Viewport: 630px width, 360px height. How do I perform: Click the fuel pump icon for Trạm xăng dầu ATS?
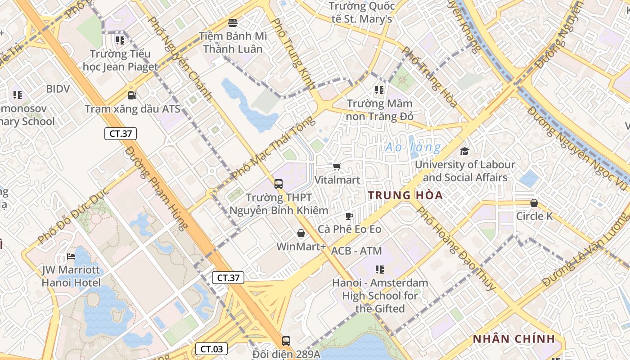pos(132,95)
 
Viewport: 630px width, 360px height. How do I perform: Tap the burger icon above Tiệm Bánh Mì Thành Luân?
pos(233,22)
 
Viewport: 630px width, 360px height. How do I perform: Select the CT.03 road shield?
pos(211,348)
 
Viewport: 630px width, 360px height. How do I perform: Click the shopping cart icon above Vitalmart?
pos(337,166)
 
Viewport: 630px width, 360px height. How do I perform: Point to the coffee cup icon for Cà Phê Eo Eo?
pos(349,216)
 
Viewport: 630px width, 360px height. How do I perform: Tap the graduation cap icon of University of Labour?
pos(464,151)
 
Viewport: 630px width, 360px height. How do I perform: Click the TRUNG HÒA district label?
pos(405,195)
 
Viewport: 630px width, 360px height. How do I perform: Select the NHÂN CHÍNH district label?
pos(513,339)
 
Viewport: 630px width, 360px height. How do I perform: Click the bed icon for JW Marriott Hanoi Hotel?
pos(71,256)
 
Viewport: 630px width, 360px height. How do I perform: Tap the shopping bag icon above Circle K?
pos(534,203)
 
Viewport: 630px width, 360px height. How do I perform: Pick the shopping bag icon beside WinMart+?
pos(301,233)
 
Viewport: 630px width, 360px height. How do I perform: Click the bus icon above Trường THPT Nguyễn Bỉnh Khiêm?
pos(279,184)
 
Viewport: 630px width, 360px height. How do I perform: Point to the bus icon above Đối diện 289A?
pos(286,341)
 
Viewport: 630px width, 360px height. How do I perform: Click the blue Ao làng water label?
pos(413,147)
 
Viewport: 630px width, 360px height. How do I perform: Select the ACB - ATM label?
pos(356,251)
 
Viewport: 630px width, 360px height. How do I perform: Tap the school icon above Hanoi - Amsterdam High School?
pos(380,269)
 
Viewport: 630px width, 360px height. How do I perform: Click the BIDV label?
pos(58,89)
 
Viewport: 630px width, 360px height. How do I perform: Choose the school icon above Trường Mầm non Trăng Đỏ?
pos(379,90)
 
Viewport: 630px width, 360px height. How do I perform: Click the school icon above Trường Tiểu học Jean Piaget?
pos(120,40)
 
